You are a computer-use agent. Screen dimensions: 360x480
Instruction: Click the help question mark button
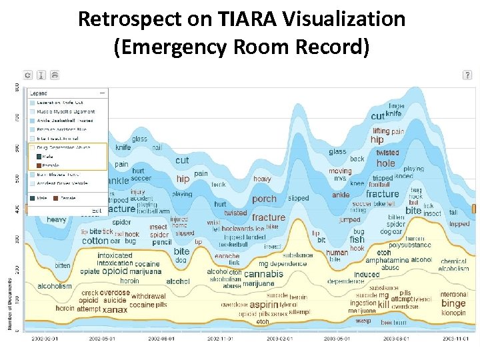tap(467, 75)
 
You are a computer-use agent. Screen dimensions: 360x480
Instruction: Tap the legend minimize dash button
tap(102, 93)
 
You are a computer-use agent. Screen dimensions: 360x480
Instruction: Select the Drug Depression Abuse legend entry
tap(64, 147)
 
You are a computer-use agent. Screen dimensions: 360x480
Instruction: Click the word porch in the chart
tap(264, 199)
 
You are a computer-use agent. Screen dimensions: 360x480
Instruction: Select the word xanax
tap(115, 309)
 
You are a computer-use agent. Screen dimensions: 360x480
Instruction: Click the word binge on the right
tap(453, 303)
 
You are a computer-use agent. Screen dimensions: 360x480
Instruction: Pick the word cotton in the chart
tap(95, 241)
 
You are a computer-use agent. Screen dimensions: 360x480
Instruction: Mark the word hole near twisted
tap(385, 163)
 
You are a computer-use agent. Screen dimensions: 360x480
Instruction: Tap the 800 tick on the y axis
tap(17, 87)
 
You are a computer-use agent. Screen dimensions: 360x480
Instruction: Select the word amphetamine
tap(387, 260)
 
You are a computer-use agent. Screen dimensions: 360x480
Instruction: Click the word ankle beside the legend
tap(117, 181)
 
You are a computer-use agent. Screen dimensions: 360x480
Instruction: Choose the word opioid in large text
tap(114, 271)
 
